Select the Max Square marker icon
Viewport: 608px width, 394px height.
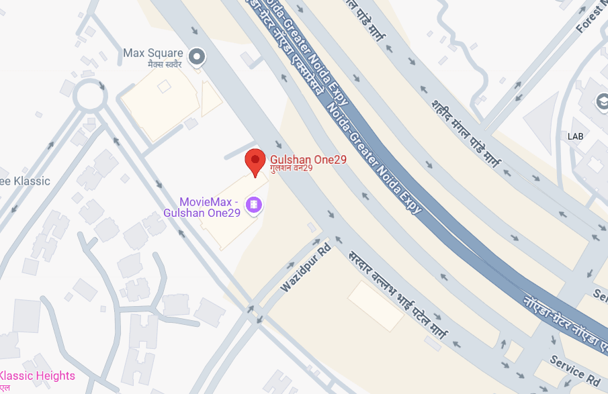tap(196, 58)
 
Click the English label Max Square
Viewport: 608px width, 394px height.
tap(153, 52)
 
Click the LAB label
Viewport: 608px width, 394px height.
tap(576, 136)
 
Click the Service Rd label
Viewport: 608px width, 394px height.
tap(574, 370)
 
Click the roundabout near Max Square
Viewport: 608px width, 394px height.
tap(90, 96)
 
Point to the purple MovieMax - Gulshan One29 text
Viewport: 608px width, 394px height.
tap(202, 207)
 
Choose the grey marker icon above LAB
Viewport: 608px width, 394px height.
tap(601, 103)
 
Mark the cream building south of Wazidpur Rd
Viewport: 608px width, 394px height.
tap(376, 305)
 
